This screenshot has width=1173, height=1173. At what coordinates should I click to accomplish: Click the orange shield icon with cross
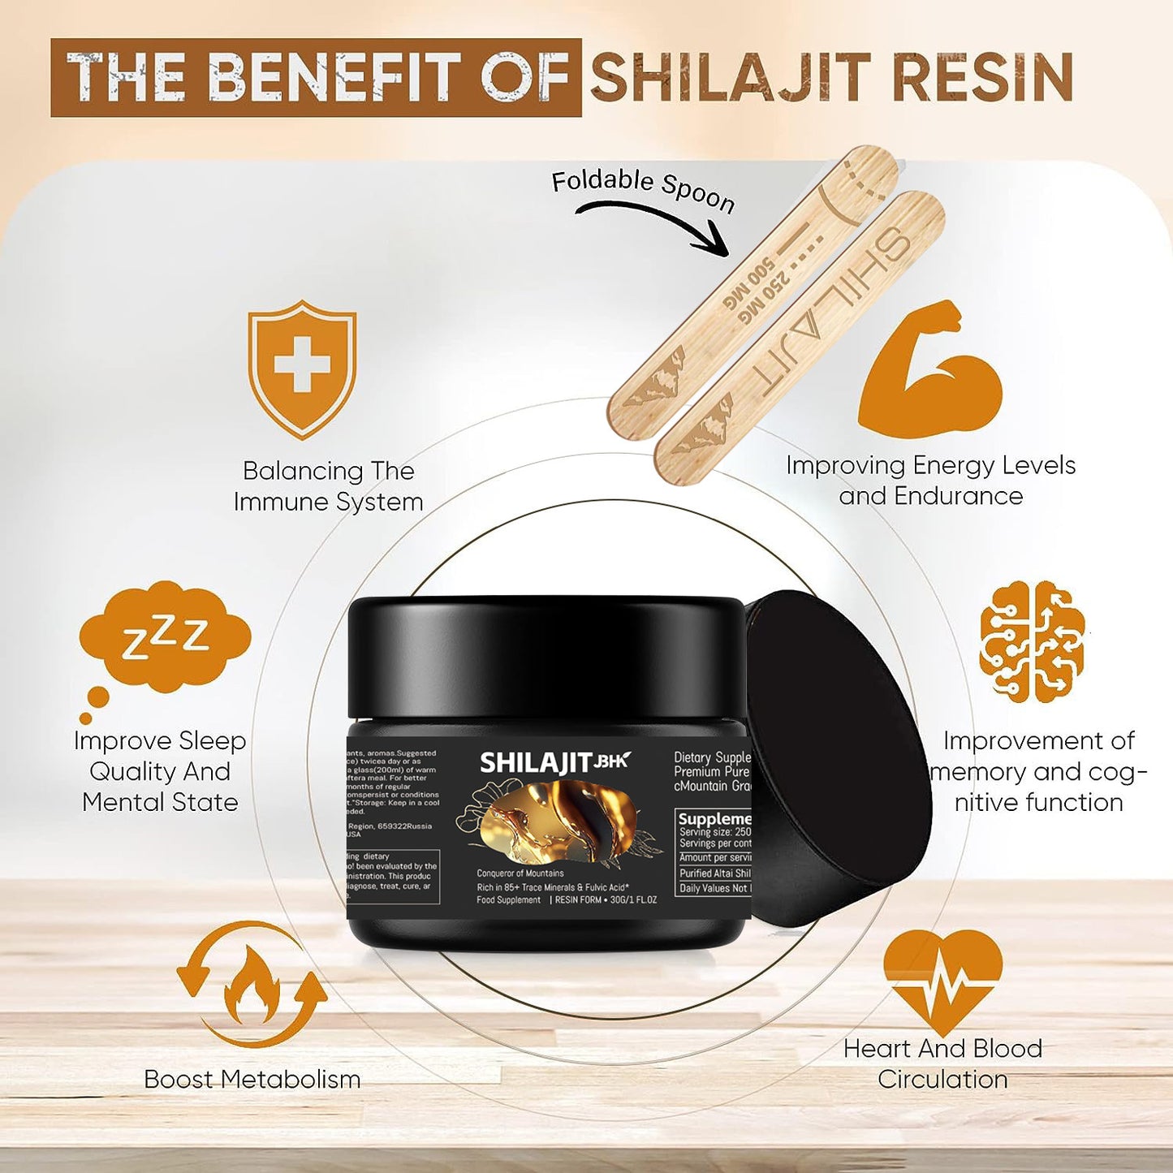pyautogui.click(x=302, y=369)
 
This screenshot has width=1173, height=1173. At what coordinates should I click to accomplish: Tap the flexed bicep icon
pyautogui.click(x=930, y=369)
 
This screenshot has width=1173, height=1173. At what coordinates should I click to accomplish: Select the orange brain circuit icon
pyautogui.click(x=1032, y=641)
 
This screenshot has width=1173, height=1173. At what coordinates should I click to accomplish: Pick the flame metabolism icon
pyautogui.click(x=252, y=984)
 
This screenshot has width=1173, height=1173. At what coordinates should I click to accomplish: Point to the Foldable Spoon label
pyautogui.click(x=643, y=189)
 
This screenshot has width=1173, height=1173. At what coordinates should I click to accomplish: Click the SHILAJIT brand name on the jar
pyautogui.click(x=536, y=763)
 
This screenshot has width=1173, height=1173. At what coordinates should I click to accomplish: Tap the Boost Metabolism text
pyautogui.click(x=252, y=1079)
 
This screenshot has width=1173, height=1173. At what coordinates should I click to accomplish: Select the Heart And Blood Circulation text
pyautogui.click(x=942, y=1063)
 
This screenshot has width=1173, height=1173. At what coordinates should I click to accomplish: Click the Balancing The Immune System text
pyautogui.click(x=328, y=486)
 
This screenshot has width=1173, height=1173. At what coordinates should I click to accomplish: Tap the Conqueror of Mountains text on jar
pyautogui.click(x=520, y=873)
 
